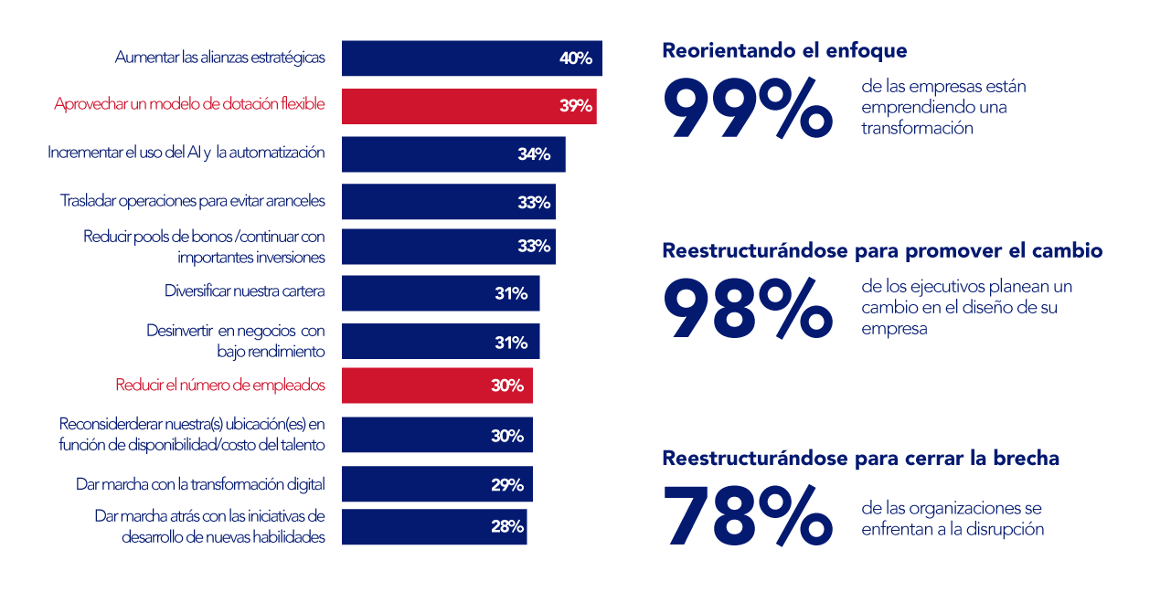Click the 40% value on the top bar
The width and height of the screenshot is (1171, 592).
tap(576, 58)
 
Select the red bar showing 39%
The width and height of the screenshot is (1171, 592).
tap(469, 106)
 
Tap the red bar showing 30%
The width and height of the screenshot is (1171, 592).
tap(437, 386)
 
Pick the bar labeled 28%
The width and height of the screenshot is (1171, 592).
tap(434, 527)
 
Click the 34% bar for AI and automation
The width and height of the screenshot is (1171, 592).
tap(453, 154)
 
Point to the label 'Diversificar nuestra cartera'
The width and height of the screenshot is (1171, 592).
tap(244, 291)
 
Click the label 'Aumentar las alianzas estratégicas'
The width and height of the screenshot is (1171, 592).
tap(219, 57)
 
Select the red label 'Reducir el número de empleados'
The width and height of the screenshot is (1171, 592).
tap(219, 385)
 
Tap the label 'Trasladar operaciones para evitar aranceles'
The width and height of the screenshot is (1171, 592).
tap(192, 199)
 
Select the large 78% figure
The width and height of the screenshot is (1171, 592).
tap(747, 516)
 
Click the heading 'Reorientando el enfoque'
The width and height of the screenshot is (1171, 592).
tap(784, 50)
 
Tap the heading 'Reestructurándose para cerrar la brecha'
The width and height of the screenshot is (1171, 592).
tap(860, 458)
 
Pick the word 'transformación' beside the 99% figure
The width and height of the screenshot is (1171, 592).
tap(917, 128)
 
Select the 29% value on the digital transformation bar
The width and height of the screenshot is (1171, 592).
tap(507, 484)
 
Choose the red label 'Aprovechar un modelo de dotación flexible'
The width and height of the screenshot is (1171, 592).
tap(189, 104)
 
